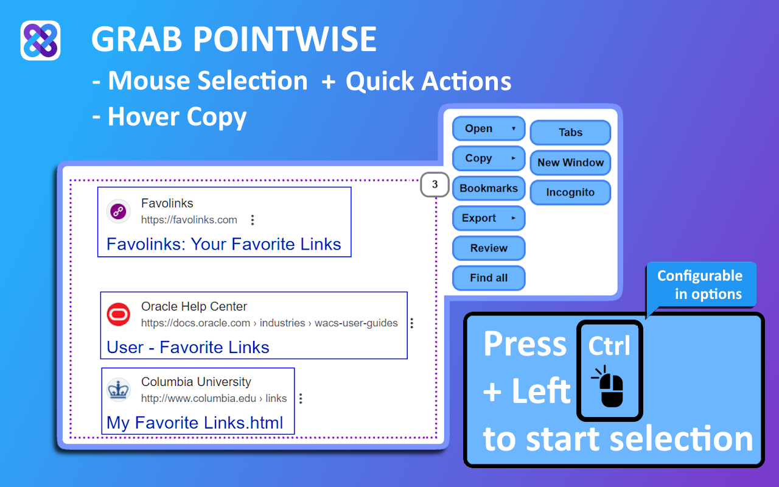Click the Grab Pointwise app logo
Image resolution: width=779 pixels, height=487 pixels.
pyautogui.click(x=40, y=40)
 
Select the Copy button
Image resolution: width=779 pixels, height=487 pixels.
pyautogui.click(x=489, y=159)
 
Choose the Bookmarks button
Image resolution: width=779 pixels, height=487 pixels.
pyautogui.click(x=489, y=189)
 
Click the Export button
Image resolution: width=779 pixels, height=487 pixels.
pyautogui.click(x=489, y=219)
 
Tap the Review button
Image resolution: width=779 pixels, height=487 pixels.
pyautogui.click(x=489, y=248)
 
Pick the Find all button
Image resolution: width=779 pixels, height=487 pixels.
pyautogui.click(x=489, y=278)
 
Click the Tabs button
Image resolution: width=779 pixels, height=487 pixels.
pyautogui.click(x=570, y=133)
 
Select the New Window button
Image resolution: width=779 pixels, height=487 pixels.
pyautogui.click(x=570, y=163)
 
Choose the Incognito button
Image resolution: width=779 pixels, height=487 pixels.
pyautogui.click(x=570, y=192)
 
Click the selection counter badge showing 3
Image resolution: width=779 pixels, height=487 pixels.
pyautogui.click(x=435, y=184)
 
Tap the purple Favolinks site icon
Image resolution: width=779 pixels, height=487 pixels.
pyautogui.click(x=118, y=211)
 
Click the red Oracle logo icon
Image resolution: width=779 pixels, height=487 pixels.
pyautogui.click(x=118, y=315)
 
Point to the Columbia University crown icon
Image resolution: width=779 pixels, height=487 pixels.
pyautogui.click(x=118, y=390)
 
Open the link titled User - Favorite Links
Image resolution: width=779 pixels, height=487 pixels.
pyautogui.click(x=188, y=347)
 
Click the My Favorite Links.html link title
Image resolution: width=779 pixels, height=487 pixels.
pyautogui.click(x=195, y=422)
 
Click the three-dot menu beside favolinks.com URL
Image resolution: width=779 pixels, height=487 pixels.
pyautogui.click(x=253, y=220)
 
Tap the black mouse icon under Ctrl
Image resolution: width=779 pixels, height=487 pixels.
pyautogui.click(x=608, y=386)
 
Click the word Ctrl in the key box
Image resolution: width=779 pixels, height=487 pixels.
pyautogui.click(x=609, y=346)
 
